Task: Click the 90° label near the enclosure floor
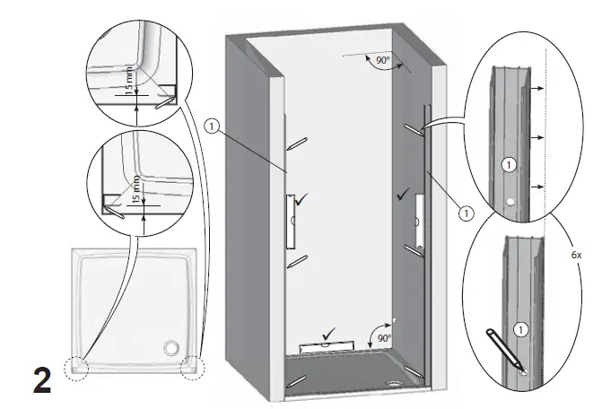tap(383, 338)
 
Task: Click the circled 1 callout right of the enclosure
tap(466, 213)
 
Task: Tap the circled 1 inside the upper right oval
tap(508, 165)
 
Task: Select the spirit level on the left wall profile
tap(290, 221)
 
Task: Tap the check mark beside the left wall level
tap(303, 205)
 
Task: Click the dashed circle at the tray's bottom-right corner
tap(193, 369)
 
